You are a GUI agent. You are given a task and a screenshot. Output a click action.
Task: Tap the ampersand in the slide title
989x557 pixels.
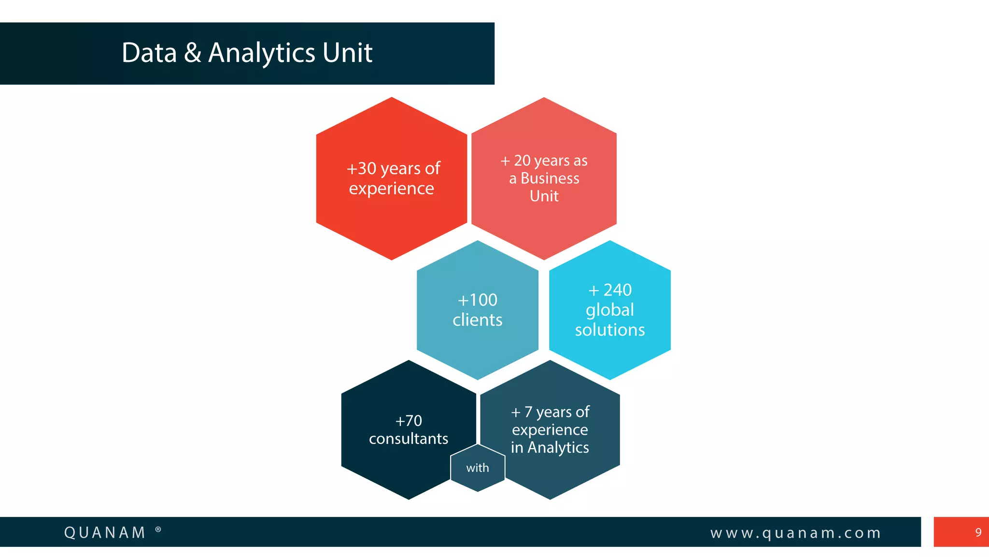192,53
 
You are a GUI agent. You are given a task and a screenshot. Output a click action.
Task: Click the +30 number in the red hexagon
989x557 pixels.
361,168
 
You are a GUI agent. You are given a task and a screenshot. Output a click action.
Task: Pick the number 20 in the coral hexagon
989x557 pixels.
522,161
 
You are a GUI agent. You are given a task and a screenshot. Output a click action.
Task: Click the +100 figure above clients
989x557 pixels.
477,300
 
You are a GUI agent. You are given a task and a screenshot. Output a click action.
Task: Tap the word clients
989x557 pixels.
477,320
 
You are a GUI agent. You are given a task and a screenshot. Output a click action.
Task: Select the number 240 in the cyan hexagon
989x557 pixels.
617,290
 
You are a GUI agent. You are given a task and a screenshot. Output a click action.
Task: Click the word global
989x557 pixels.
609,310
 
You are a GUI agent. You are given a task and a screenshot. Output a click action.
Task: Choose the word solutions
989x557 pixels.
609,330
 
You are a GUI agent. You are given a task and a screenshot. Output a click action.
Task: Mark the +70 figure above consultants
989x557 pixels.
409,421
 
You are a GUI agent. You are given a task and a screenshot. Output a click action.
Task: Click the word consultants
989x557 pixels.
409,439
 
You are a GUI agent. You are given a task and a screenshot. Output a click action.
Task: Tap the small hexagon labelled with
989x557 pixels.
478,468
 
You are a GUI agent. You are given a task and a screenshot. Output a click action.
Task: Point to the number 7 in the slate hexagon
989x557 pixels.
528,412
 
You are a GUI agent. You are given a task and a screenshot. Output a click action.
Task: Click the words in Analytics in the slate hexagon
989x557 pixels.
550,447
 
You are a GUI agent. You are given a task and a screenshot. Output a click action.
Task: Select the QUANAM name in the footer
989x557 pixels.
105,532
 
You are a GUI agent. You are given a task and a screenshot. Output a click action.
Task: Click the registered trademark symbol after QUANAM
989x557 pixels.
158,530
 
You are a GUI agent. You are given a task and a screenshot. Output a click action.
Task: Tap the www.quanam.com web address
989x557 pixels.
795,533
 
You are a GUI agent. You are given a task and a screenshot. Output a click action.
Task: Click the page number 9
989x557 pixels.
978,532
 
